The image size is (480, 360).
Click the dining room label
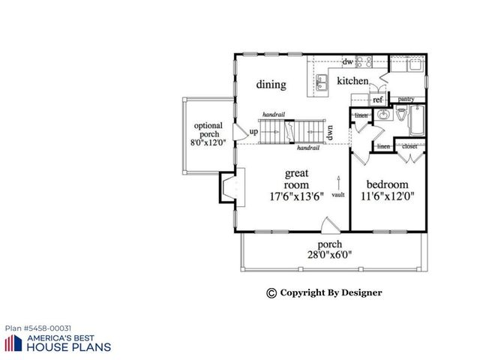[x=271, y=85]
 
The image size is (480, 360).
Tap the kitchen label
[x=352, y=81]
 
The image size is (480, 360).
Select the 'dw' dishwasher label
[x=348, y=61]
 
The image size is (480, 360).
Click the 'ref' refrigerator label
[x=378, y=99]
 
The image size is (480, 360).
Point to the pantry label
[x=406, y=99]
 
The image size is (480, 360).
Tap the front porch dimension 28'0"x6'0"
[x=329, y=254]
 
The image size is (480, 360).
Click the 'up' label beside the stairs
[x=253, y=132]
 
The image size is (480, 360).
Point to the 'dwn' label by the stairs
[x=329, y=133]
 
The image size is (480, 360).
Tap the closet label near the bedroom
[x=409, y=146]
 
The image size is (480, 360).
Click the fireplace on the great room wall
[x=228, y=187]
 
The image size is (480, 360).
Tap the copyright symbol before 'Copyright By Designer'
[x=271, y=292]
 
